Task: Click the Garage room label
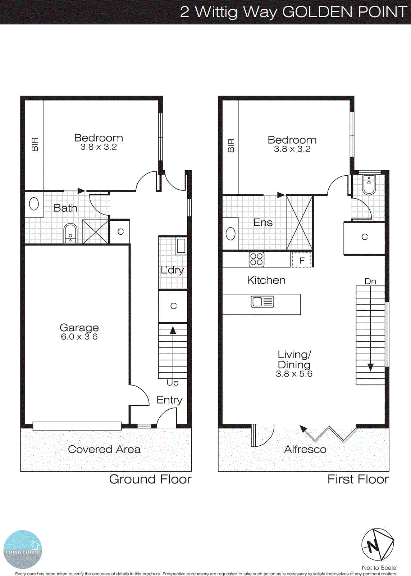(x=79, y=328)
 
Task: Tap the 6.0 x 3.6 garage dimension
(x=79, y=337)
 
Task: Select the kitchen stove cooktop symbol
(x=256, y=259)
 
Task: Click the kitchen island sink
(x=262, y=302)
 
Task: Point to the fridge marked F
(x=302, y=260)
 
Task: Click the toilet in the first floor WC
(x=369, y=184)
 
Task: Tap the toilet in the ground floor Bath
(x=70, y=234)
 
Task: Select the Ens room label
(x=263, y=222)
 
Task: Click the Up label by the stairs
(x=173, y=383)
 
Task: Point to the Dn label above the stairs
(x=370, y=281)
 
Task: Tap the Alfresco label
(x=305, y=449)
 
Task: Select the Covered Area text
(x=104, y=449)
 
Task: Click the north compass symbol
(x=378, y=545)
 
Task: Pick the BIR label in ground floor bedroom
(x=35, y=144)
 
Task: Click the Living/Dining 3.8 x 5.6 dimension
(x=294, y=374)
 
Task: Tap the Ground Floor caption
(x=150, y=479)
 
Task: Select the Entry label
(x=169, y=400)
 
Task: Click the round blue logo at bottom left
(x=23, y=549)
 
